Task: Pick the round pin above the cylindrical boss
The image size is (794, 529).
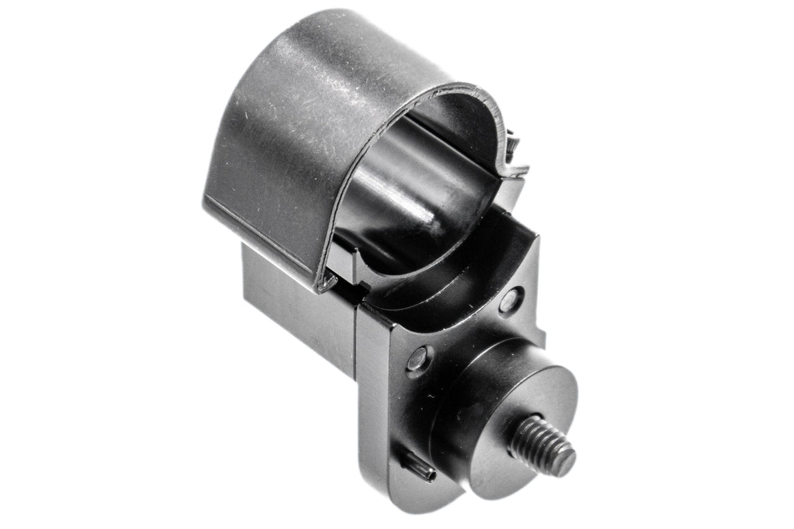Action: (x=511, y=299)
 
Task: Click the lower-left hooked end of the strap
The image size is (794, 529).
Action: (x=327, y=281)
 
